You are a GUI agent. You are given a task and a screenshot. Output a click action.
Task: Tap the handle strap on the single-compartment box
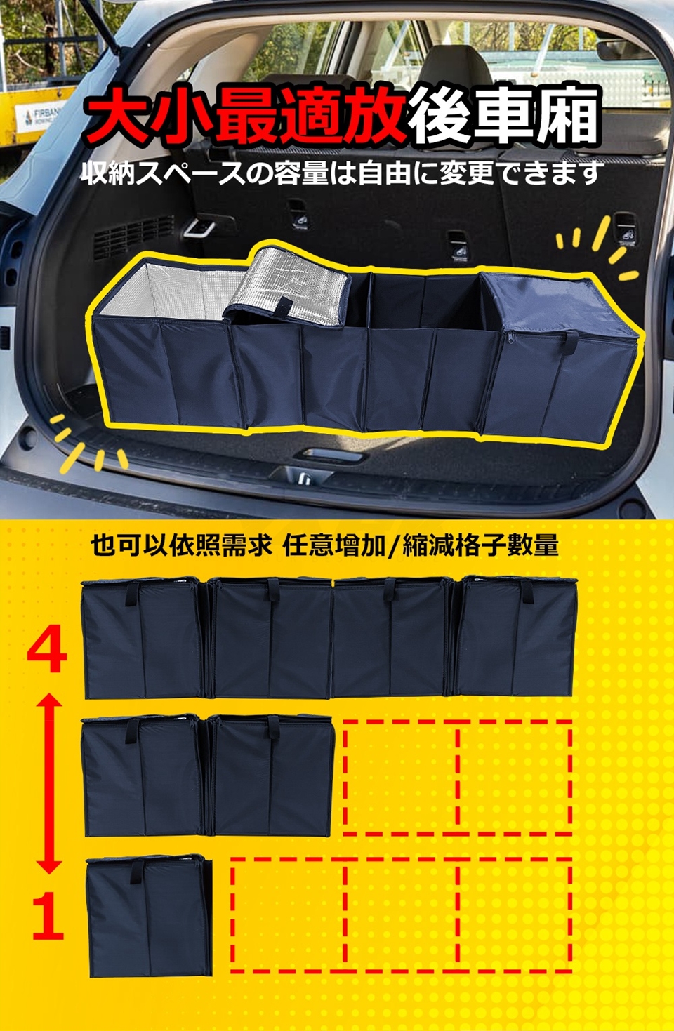tap(136, 872)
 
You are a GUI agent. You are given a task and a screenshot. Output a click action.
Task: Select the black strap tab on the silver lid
tap(284, 308)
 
